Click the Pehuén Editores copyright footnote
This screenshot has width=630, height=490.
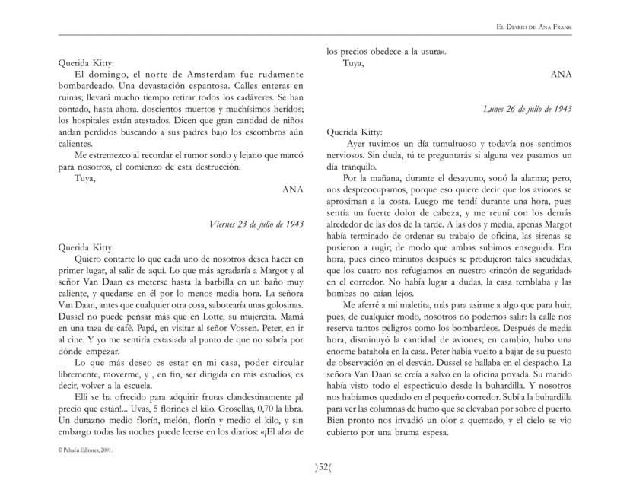(85, 450)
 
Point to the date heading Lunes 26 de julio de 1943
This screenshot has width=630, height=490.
(527, 109)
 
